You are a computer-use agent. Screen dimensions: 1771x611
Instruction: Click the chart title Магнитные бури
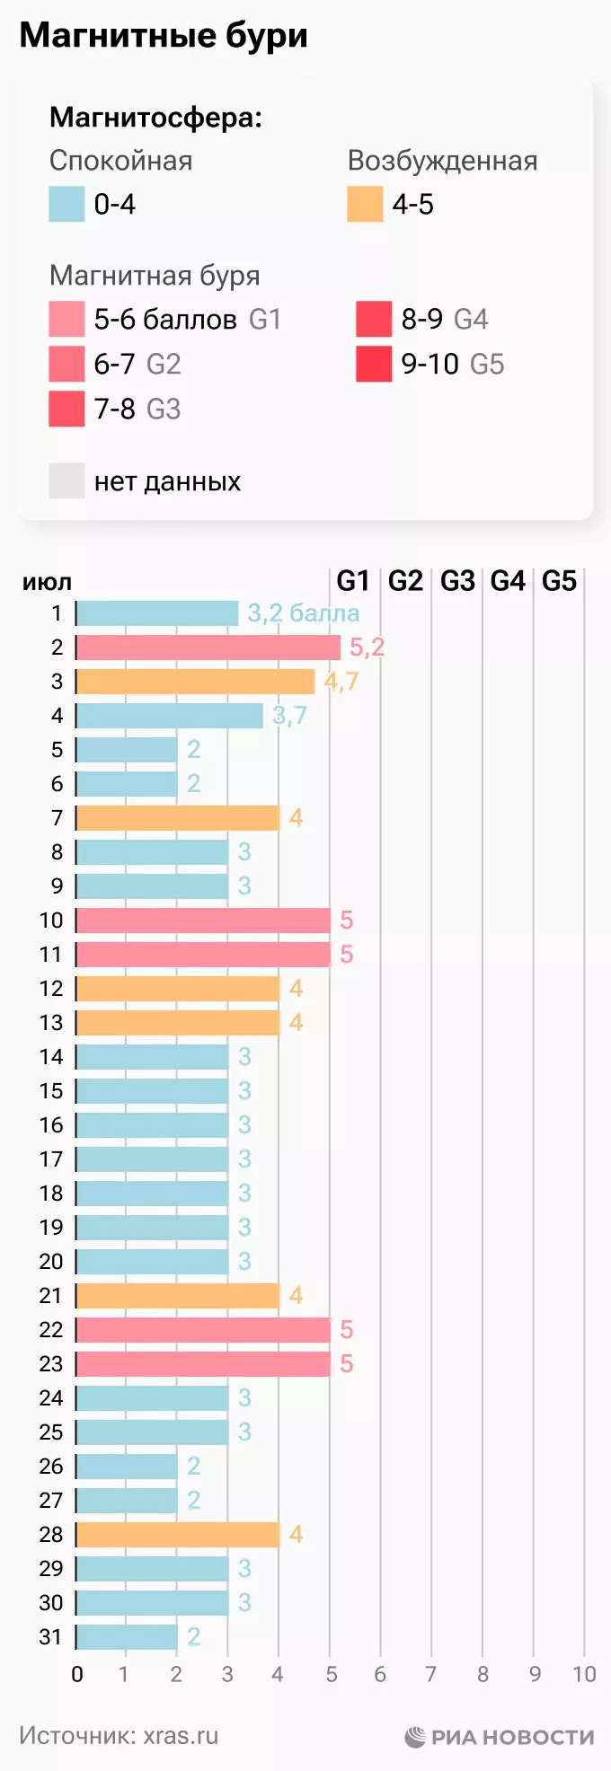[164, 36]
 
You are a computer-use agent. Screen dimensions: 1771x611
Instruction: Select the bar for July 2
[208, 648]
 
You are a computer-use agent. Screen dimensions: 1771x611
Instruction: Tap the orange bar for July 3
[195, 682]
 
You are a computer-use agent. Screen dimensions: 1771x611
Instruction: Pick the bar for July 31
[127, 1637]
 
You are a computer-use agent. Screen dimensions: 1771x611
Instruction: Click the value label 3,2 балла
[304, 613]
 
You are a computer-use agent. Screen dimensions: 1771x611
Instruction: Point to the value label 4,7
[341, 682]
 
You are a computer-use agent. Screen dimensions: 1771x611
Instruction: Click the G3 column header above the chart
[457, 582]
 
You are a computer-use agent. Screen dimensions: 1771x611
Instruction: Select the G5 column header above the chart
[559, 582]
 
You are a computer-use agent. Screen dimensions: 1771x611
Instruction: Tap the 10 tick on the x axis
[584, 1674]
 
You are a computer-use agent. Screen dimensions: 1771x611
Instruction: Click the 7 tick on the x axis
[431, 1674]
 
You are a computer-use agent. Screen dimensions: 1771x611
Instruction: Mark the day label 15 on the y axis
[51, 1091]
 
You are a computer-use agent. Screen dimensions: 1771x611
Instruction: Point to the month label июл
[47, 582]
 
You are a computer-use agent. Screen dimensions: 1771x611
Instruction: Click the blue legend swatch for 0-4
[66, 205]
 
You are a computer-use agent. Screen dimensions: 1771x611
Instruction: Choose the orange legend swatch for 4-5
[365, 205]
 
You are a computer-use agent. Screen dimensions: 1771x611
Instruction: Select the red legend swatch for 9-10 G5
[374, 365]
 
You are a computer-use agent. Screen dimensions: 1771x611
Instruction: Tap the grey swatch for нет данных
[66, 481]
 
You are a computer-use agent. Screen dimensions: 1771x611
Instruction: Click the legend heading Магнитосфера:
[155, 118]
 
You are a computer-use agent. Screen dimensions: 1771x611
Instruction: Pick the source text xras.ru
[181, 1736]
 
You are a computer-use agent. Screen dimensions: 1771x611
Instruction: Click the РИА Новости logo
[500, 1737]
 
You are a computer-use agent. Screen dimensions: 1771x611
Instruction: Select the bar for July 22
[203, 1330]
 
